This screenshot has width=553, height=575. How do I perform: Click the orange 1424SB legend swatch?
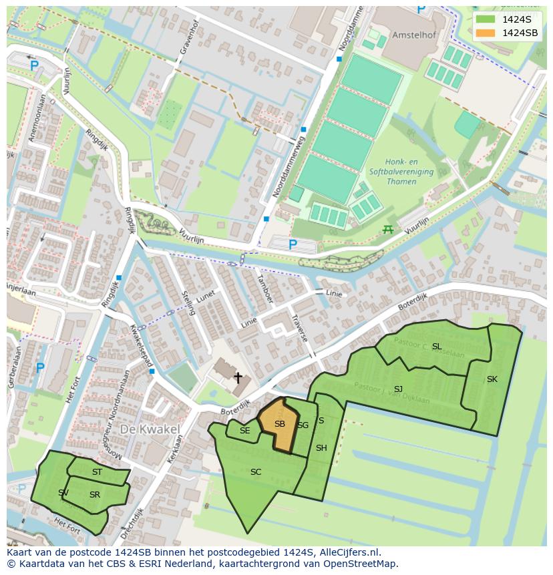click(x=486, y=33)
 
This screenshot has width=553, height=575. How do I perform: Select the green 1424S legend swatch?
click(x=486, y=19)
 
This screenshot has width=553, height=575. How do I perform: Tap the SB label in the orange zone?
click(x=280, y=424)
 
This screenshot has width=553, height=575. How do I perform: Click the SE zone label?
click(x=244, y=431)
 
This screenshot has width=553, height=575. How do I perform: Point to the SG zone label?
click(x=303, y=425)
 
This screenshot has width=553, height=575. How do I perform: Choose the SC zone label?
click(x=255, y=472)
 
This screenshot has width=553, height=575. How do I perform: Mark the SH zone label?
click(x=321, y=448)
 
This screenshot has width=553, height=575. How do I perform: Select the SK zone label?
click(x=492, y=379)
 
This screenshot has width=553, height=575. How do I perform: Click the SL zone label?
click(x=437, y=347)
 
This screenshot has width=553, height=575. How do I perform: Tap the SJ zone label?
click(x=398, y=389)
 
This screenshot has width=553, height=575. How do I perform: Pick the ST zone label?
click(x=97, y=472)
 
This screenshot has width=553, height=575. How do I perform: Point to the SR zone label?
click(x=94, y=495)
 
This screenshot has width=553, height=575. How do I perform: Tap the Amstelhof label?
click(x=416, y=34)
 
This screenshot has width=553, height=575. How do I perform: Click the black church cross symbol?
click(x=237, y=378)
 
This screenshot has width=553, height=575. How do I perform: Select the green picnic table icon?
click(x=387, y=230)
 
